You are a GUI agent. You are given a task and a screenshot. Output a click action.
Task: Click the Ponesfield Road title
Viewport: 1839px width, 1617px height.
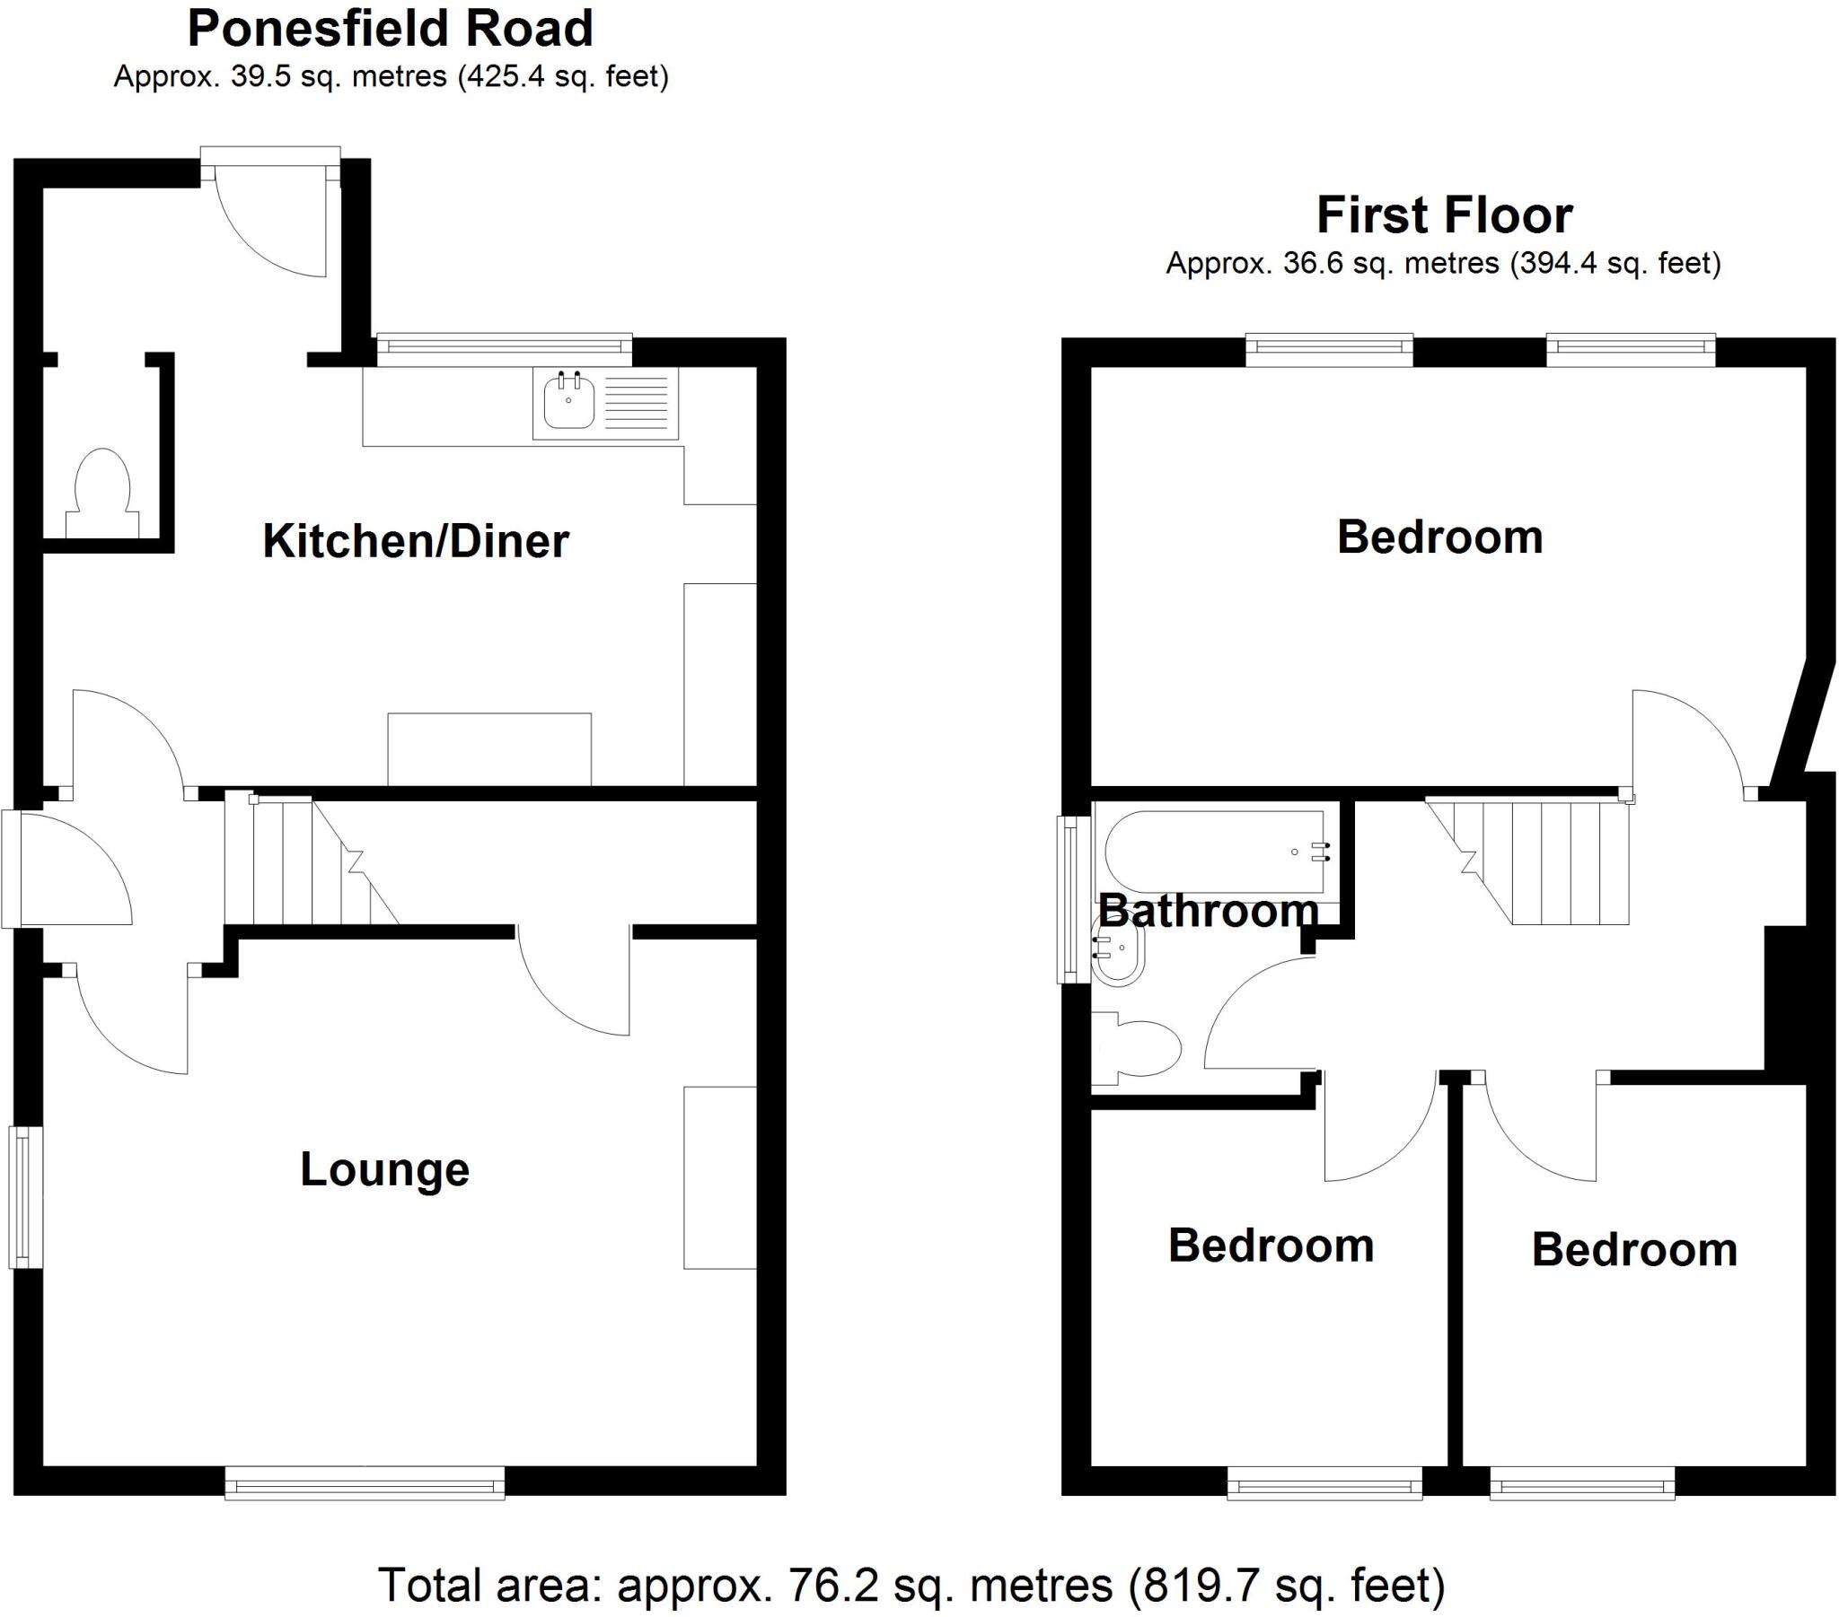pyautogui.click(x=390, y=29)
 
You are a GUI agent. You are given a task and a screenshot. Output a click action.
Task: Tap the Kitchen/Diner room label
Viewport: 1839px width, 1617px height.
pyautogui.click(x=415, y=541)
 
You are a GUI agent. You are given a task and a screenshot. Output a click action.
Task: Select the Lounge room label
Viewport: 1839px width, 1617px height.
pyautogui.click(x=384, y=1169)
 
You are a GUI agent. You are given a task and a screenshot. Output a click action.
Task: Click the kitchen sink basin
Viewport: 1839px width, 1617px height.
pyautogui.click(x=568, y=404)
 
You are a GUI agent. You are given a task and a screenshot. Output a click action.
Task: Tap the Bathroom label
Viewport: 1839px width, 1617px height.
pyautogui.click(x=1208, y=912)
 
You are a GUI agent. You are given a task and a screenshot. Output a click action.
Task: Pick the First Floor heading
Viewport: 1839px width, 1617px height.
pyautogui.click(x=1444, y=216)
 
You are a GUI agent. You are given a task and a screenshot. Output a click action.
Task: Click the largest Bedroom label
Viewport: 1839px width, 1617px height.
pyautogui.click(x=1439, y=537)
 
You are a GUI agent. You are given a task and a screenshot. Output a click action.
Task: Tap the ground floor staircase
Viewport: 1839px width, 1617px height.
pyautogui.click(x=311, y=861)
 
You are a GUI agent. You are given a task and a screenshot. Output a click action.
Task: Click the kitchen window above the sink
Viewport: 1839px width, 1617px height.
pyautogui.click(x=504, y=349)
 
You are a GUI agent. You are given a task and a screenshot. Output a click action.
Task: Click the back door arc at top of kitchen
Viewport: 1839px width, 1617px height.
pyautogui.click(x=270, y=230)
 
